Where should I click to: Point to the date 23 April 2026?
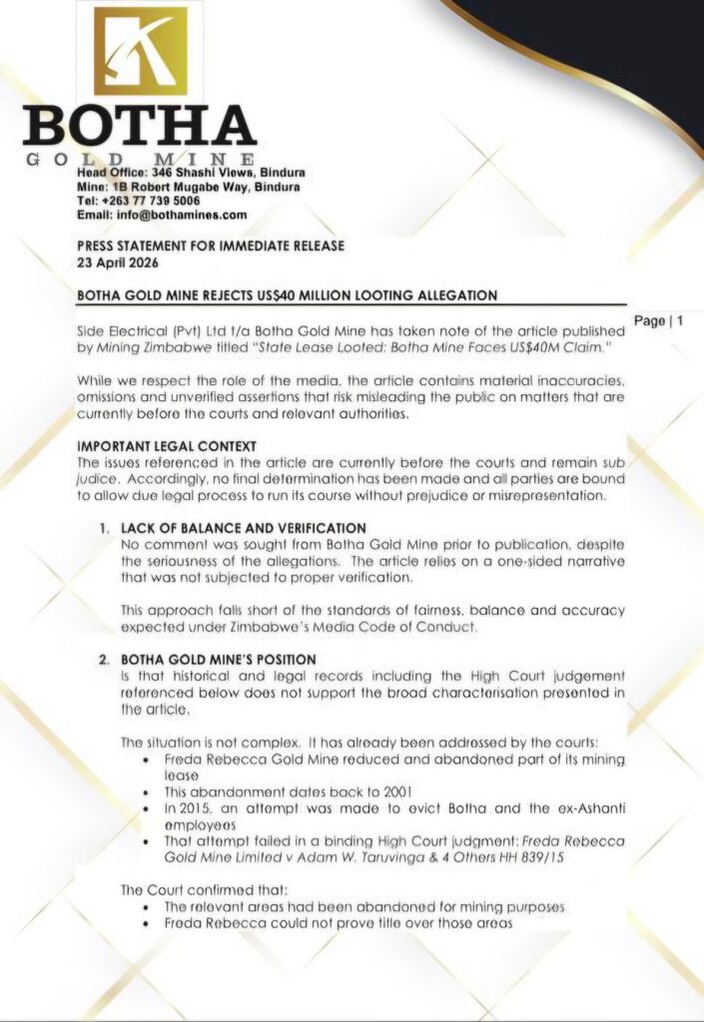pyautogui.click(x=117, y=264)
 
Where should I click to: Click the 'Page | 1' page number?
pyautogui.click(x=658, y=321)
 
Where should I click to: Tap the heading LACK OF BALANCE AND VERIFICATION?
pyautogui.click(x=243, y=527)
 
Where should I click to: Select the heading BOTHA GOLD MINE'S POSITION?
pyautogui.click(x=218, y=660)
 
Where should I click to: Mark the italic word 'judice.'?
pyautogui.click(x=101, y=478)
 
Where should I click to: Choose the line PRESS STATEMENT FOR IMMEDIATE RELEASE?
pyautogui.click(x=211, y=249)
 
